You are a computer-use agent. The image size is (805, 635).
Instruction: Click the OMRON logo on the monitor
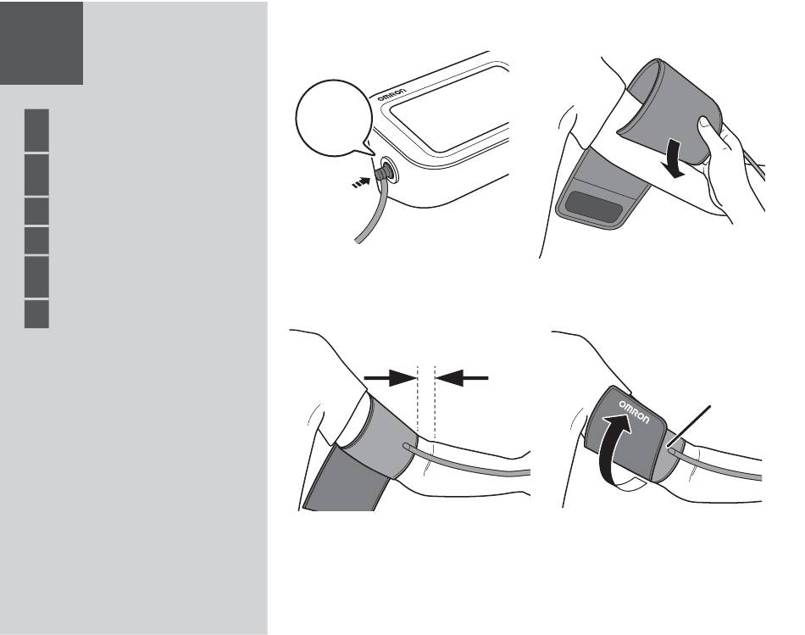[x=391, y=95]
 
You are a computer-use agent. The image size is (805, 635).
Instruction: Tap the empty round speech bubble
[x=334, y=118]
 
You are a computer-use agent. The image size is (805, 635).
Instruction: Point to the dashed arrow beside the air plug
[x=360, y=182]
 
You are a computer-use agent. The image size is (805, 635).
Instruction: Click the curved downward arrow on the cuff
[x=674, y=159]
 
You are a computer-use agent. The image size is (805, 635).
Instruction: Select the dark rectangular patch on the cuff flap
[x=594, y=207]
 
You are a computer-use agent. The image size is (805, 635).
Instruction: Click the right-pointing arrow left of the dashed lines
[x=390, y=378]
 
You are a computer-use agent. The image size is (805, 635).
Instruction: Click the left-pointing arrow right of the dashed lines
[x=462, y=378]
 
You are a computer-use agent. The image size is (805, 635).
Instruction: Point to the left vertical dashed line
[x=418, y=401]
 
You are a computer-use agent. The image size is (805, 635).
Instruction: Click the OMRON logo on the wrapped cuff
[x=634, y=411]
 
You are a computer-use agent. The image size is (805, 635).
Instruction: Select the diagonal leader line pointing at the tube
[x=689, y=427]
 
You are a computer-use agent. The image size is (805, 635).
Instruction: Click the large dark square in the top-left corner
[x=42, y=43]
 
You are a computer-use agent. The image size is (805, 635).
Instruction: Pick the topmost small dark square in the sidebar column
[x=36, y=130]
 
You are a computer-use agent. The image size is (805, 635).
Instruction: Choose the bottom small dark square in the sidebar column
[x=36, y=314]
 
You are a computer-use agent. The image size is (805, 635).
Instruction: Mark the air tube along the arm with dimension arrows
[x=467, y=463]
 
